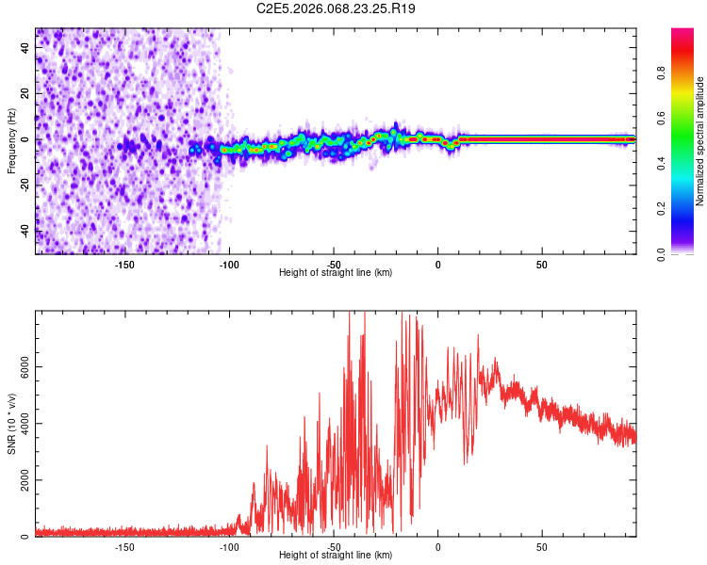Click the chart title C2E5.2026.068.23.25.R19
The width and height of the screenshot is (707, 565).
[x=337, y=8]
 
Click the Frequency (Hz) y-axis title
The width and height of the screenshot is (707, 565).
[x=11, y=141]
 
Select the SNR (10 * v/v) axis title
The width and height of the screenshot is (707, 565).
[x=11, y=424]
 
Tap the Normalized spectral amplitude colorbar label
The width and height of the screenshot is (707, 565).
[x=699, y=141]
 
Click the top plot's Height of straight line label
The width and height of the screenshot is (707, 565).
[x=336, y=273]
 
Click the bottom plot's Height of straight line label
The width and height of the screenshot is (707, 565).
[x=336, y=556]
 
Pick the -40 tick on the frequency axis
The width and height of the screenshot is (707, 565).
[x=25, y=231]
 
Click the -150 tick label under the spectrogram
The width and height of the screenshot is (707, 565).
[x=124, y=265]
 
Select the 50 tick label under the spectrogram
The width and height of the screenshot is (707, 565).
[x=542, y=265]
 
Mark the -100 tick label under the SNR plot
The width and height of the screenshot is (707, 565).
[x=229, y=547]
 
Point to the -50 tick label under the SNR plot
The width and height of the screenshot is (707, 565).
[x=334, y=547]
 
